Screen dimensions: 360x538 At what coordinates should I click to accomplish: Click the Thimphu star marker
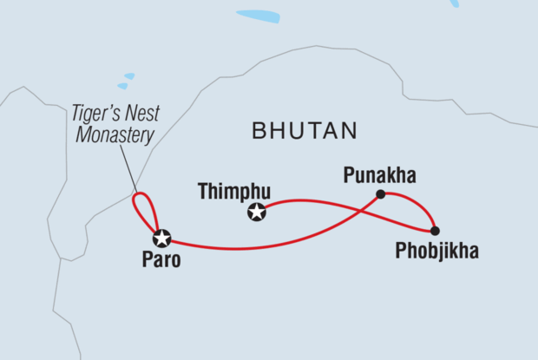pyautogui.click(x=256, y=211)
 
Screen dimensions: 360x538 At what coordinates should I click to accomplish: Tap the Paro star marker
pyautogui.click(x=161, y=238)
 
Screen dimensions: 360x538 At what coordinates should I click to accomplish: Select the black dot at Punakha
pyautogui.click(x=380, y=193)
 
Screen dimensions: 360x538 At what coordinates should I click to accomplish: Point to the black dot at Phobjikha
pyautogui.click(x=435, y=231)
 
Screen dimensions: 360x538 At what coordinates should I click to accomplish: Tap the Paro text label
pyautogui.click(x=162, y=259)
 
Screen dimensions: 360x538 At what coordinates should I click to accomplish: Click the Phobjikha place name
pyautogui.click(x=436, y=252)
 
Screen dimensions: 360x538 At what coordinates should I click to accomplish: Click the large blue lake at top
pyautogui.click(x=258, y=16)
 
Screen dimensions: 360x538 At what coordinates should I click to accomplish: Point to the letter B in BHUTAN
pyautogui.click(x=259, y=132)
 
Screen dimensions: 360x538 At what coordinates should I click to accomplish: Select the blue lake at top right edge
pyautogui.click(x=454, y=3)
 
